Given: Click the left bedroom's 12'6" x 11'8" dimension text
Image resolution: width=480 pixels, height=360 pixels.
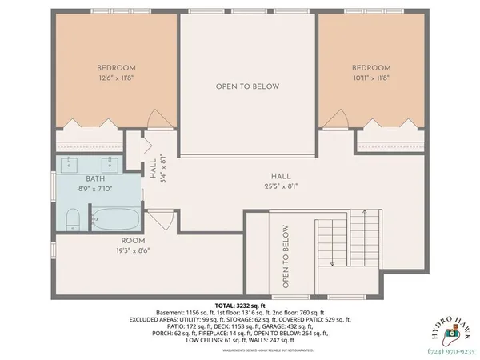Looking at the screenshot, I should click(x=116, y=78).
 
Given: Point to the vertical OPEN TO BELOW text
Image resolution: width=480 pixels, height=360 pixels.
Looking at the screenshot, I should click(x=285, y=255).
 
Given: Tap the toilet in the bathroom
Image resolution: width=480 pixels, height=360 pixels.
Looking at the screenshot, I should click(x=71, y=218).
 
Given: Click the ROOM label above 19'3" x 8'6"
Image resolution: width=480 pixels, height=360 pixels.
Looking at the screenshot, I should click(x=133, y=240).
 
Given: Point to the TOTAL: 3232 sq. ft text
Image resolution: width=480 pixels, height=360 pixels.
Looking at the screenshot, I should click(x=239, y=306).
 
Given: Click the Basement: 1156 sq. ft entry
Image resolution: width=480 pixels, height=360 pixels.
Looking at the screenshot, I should click(x=181, y=312).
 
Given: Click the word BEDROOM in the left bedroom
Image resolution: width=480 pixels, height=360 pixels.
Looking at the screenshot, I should click(x=116, y=68).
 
